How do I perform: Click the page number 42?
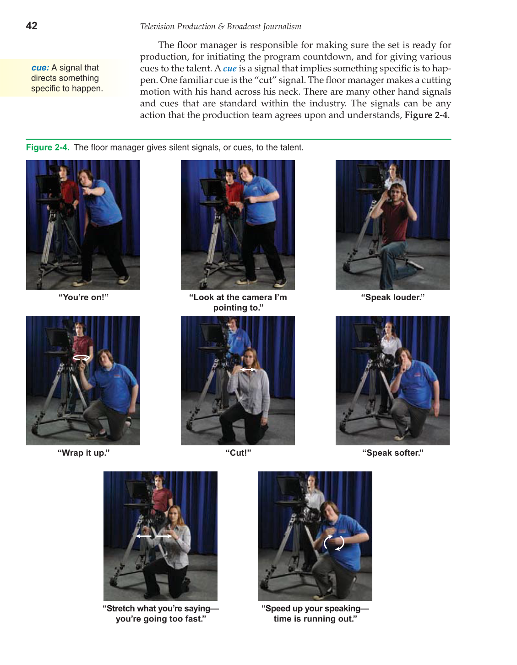click(x=32, y=26)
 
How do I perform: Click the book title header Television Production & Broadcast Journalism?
click(x=220, y=27)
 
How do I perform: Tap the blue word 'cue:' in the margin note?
click(x=40, y=68)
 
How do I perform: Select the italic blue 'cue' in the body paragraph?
click(x=230, y=69)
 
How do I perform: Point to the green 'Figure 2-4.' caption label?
click(x=48, y=147)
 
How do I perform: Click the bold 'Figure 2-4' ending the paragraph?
click(x=426, y=115)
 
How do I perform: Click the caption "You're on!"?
click(x=83, y=297)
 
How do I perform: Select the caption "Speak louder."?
click(x=392, y=297)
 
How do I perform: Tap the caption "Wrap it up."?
click(x=83, y=453)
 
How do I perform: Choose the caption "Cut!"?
click(x=238, y=453)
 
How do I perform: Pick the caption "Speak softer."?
click(x=392, y=453)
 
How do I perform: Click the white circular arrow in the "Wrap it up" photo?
click(x=82, y=358)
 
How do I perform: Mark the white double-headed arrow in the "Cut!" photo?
click(x=248, y=369)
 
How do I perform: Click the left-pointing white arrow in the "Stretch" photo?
click(x=144, y=536)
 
